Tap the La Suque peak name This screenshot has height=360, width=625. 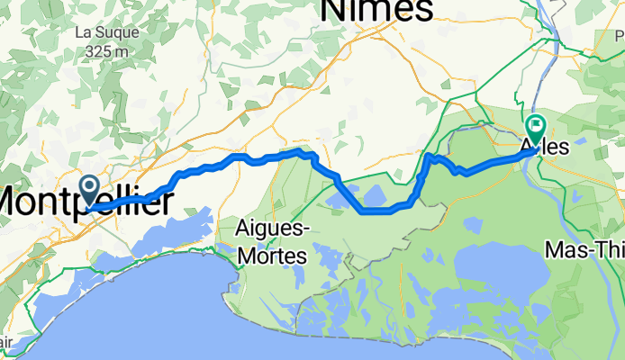[x=106, y=32]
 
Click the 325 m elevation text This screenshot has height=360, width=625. [x=106, y=51]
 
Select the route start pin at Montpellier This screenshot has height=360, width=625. [x=91, y=190]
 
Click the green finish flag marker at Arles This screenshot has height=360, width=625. [x=536, y=128]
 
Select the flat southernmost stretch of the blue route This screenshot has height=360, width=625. [x=378, y=211]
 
